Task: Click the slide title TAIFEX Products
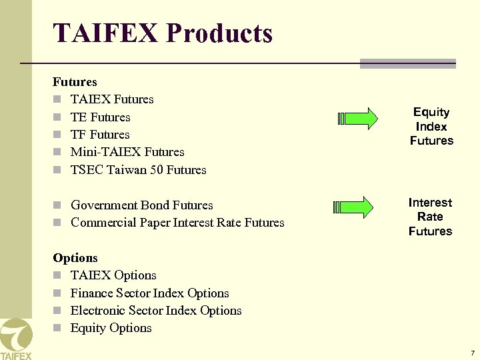[163, 33]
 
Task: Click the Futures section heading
[75, 82]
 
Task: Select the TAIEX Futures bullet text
[112, 99]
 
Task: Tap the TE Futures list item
[100, 117]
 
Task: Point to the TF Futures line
[100, 135]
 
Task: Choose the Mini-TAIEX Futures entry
[127, 152]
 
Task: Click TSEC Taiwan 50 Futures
[138, 170]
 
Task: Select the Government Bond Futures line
[141, 205]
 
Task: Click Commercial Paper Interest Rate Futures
[177, 223]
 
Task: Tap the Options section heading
[75, 258]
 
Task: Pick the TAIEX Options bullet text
[113, 275]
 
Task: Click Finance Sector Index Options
[149, 293]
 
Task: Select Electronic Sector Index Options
[156, 311]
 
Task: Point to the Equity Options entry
[111, 328]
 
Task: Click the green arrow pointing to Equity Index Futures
[358, 119]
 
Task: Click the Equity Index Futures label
[431, 126]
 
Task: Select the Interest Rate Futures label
[430, 217]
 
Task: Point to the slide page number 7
[472, 353]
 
